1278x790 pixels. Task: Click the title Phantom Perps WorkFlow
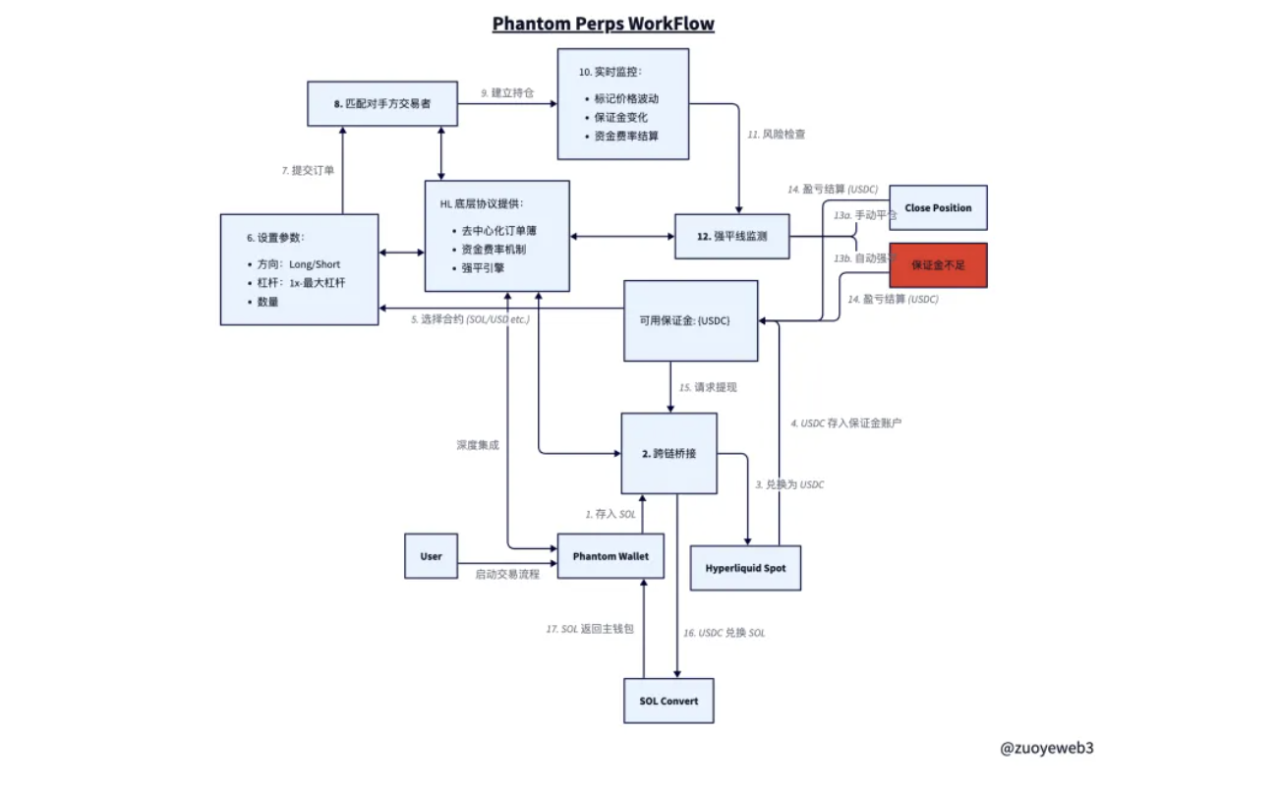(603, 24)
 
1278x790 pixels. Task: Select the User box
(431, 556)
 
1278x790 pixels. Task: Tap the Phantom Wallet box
(610, 556)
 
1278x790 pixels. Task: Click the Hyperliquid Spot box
(745, 568)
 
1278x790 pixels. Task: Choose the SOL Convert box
(668, 701)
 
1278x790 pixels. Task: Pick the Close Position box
(938, 208)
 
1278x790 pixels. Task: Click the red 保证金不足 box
(938, 265)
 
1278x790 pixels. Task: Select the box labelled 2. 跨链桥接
(668, 454)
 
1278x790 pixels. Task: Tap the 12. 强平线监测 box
(731, 236)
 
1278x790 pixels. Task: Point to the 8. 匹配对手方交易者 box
(382, 103)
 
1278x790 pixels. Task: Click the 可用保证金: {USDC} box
(691, 320)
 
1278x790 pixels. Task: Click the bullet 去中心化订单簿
(499, 231)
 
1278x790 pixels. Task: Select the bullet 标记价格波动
(626, 99)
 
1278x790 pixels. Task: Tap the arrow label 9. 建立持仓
(506, 92)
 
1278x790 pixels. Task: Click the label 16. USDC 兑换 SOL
(724, 633)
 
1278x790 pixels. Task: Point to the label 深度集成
(478, 445)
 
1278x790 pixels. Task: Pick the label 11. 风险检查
(778, 134)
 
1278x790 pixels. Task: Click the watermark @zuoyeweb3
(1046, 748)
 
